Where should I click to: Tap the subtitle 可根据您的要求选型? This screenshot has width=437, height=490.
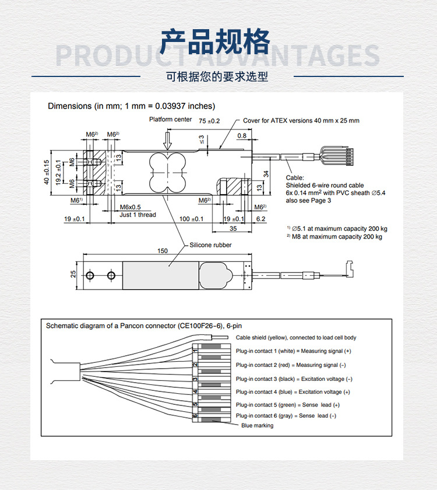(x=217, y=76)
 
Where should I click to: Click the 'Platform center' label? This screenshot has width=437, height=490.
(x=170, y=120)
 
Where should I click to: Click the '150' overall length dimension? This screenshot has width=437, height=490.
(x=163, y=251)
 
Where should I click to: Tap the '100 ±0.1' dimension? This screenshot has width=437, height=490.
(x=191, y=219)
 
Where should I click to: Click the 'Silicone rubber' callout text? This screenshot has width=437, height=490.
(x=210, y=245)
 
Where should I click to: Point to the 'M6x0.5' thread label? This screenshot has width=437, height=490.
(x=131, y=207)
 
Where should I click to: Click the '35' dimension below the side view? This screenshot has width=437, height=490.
(x=233, y=229)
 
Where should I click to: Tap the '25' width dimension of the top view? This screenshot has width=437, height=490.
(x=73, y=274)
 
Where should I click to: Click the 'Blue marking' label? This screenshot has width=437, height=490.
(x=257, y=425)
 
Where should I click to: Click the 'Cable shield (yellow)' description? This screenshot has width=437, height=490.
(x=296, y=337)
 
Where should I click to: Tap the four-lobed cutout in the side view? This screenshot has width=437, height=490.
(x=167, y=172)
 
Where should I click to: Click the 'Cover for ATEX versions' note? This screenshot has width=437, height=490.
(x=301, y=121)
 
